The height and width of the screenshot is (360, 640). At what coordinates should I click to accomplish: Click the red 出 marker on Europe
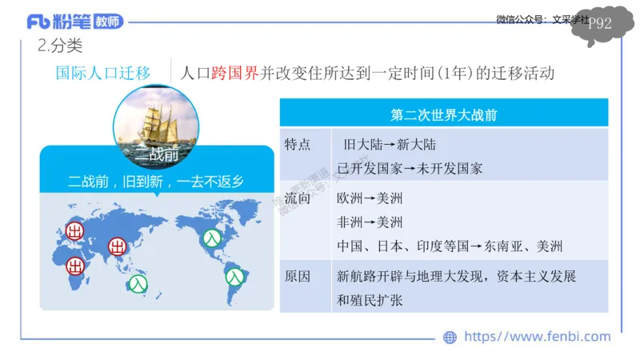pyautogui.click(x=76, y=232)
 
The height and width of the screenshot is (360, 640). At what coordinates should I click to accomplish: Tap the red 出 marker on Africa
pyautogui.click(x=76, y=265)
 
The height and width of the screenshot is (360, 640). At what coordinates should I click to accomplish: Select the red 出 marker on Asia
pyautogui.click(x=118, y=246)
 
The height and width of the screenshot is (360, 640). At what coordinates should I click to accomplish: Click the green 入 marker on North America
pyautogui.click(x=210, y=238)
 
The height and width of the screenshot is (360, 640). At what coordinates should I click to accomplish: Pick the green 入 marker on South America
pyautogui.click(x=234, y=277)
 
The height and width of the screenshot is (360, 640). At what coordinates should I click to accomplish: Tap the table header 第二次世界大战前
pyautogui.click(x=444, y=114)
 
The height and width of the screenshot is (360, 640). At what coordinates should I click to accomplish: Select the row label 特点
pyautogui.click(x=298, y=145)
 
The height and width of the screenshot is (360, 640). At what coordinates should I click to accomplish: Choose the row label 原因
pyautogui.click(x=298, y=276)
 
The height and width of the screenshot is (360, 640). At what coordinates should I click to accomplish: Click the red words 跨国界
pyautogui.click(x=237, y=73)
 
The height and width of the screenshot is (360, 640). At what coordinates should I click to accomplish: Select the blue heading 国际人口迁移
pyautogui.click(x=103, y=73)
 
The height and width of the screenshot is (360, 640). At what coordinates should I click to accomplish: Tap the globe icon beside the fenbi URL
pyautogui.click(x=450, y=338)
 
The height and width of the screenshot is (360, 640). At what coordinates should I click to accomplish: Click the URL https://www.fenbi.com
pyautogui.click(x=537, y=337)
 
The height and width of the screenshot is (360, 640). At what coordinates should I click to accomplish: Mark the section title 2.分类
pyautogui.click(x=60, y=46)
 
